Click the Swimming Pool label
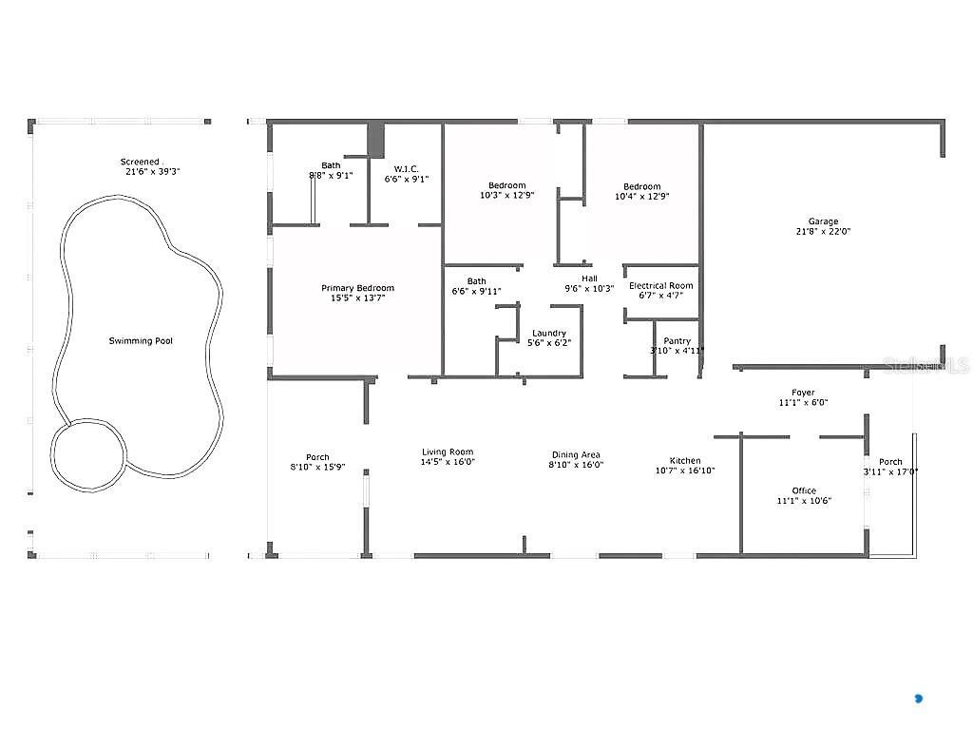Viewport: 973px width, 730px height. pyautogui.click(x=141, y=341)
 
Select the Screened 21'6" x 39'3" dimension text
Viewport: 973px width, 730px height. pyautogui.click(x=152, y=173)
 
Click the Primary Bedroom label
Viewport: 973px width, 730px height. pyautogui.click(x=357, y=289)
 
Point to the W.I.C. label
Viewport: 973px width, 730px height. pyautogui.click(x=407, y=168)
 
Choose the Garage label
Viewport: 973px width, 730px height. pyautogui.click(x=823, y=221)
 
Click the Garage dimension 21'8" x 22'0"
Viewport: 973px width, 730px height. pyautogui.click(x=823, y=232)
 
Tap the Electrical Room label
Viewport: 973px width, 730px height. pyautogui.click(x=661, y=285)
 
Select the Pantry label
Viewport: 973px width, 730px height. pyautogui.click(x=677, y=340)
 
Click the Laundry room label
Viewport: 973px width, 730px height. pyautogui.click(x=549, y=333)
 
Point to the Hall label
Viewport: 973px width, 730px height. pyautogui.click(x=589, y=279)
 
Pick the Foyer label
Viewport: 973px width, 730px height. pyautogui.click(x=803, y=393)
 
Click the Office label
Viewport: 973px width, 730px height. pyautogui.click(x=803, y=490)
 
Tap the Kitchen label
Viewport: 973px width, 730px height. pyautogui.click(x=684, y=461)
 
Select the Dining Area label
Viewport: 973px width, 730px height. pyautogui.click(x=576, y=455)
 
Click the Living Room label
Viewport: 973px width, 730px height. pyautogui.click(x=448, y=452)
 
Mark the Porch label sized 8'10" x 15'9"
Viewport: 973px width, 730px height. pyautogui.click(x=316, y=457)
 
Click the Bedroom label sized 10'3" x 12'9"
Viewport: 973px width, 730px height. pyautogui.click(x=506, y=185)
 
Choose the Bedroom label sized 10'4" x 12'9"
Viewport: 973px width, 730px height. pyautogui.click(x=641, y=186)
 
